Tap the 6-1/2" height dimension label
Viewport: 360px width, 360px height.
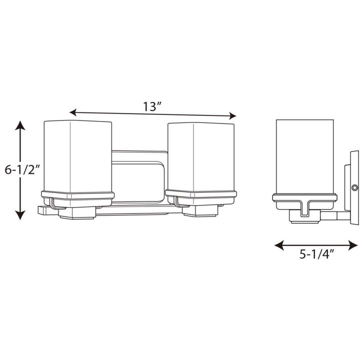click(22, 169)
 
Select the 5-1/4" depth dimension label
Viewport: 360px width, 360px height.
click(316, 254)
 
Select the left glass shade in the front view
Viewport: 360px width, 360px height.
click(77, 155)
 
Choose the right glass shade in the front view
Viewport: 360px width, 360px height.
click(200, 155)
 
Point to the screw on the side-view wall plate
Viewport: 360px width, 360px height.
click(354, 187)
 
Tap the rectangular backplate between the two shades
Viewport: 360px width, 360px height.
click(139, 175)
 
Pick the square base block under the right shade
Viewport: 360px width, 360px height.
click(199, 211)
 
